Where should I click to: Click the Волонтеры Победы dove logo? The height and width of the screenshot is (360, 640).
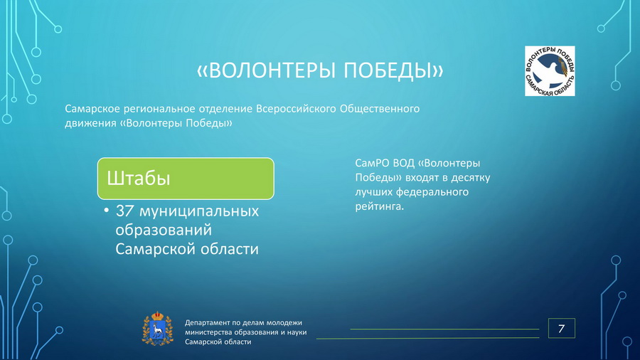[550, 71]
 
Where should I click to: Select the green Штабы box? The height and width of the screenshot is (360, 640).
[186, 179]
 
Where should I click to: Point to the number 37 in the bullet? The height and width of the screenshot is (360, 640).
[124, 211]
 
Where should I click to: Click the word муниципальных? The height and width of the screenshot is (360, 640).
[199, 211]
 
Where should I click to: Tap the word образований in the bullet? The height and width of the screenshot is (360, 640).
[164, 230]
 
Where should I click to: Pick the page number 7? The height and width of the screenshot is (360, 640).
[561, 328]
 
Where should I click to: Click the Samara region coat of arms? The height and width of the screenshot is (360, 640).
[157, 329]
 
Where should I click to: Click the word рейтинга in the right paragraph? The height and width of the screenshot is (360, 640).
[379, 206]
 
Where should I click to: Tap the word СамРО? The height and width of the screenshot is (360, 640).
[372, 163]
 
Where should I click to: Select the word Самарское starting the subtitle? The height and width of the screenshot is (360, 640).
[92, 109]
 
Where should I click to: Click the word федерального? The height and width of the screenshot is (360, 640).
[432, 192]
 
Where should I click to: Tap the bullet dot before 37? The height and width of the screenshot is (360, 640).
[107, 211]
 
